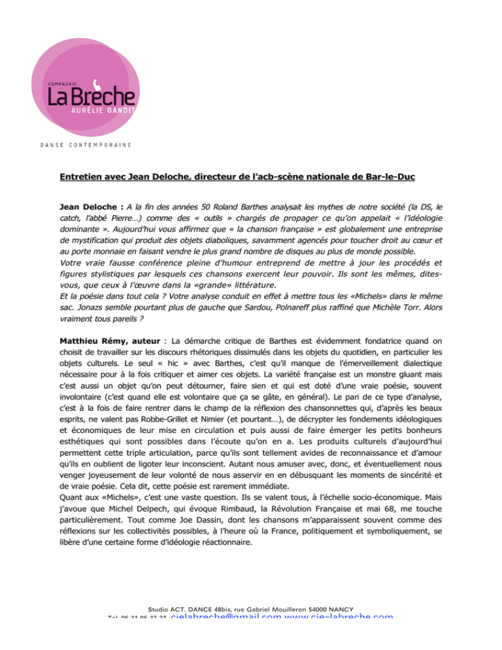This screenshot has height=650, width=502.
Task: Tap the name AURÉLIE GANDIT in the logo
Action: click(x=104, y=110)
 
